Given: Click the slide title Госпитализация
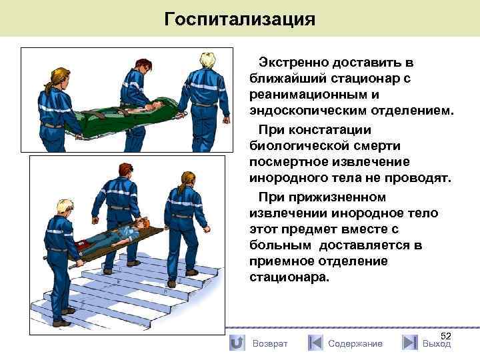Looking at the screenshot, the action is tap(240, 19).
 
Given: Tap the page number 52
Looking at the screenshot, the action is tap(446, 336).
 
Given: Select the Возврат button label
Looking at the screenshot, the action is tap(270, 344).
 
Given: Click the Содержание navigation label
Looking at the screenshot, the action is tap(355, 344).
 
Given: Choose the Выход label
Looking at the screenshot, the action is tap(437, 344).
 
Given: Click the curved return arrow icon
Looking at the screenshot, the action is tap(237, 343).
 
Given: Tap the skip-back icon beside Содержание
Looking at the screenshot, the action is tap(315, 343).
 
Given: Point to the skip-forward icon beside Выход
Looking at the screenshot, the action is tap(410, 343).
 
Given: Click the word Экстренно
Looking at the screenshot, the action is tap(293, 63).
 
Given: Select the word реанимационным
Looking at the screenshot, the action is tap(309, 95).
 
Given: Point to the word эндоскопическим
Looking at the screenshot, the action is tap(308, 111).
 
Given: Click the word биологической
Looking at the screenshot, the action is tap(299, 146).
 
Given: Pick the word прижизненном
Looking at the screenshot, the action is tap(337, 197).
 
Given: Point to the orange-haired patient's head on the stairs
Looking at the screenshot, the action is tap(142, 223).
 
